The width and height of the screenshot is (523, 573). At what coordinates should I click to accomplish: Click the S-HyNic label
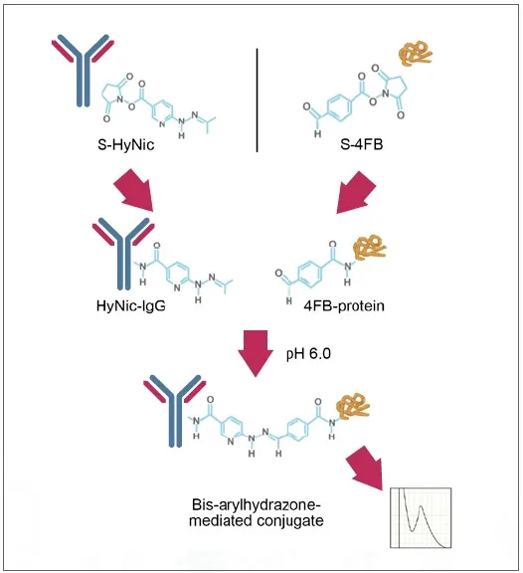click(126, 144)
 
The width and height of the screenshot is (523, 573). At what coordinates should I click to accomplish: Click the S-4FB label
click(362, 144)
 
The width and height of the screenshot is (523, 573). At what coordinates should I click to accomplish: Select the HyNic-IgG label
click(131, 305)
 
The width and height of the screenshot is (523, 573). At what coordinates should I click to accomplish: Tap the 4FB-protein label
click(344, 305)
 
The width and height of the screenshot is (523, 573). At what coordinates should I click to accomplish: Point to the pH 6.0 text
click(308, 354)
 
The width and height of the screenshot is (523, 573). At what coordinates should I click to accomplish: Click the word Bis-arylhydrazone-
click(256, 505)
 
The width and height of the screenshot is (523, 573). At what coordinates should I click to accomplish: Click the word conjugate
click(289, 520)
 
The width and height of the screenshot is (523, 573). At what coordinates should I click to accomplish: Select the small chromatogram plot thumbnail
click(421, 517)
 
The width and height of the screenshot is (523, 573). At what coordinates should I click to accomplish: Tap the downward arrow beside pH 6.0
click(256, 353)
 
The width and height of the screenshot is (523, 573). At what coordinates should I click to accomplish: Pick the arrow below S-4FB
click(356, 192)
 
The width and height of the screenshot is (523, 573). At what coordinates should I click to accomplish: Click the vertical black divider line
click(258, 99)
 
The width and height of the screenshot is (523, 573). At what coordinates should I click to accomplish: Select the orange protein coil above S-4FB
click(416, 54)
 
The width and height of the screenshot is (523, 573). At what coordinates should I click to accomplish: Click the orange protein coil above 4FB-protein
click(369, 248)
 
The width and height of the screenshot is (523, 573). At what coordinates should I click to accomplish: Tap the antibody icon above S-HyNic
click(83, 71)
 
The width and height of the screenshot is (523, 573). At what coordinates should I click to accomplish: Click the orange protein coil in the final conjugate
click(353, 406)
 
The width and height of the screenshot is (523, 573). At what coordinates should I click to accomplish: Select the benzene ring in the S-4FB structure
click(340, 106)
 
